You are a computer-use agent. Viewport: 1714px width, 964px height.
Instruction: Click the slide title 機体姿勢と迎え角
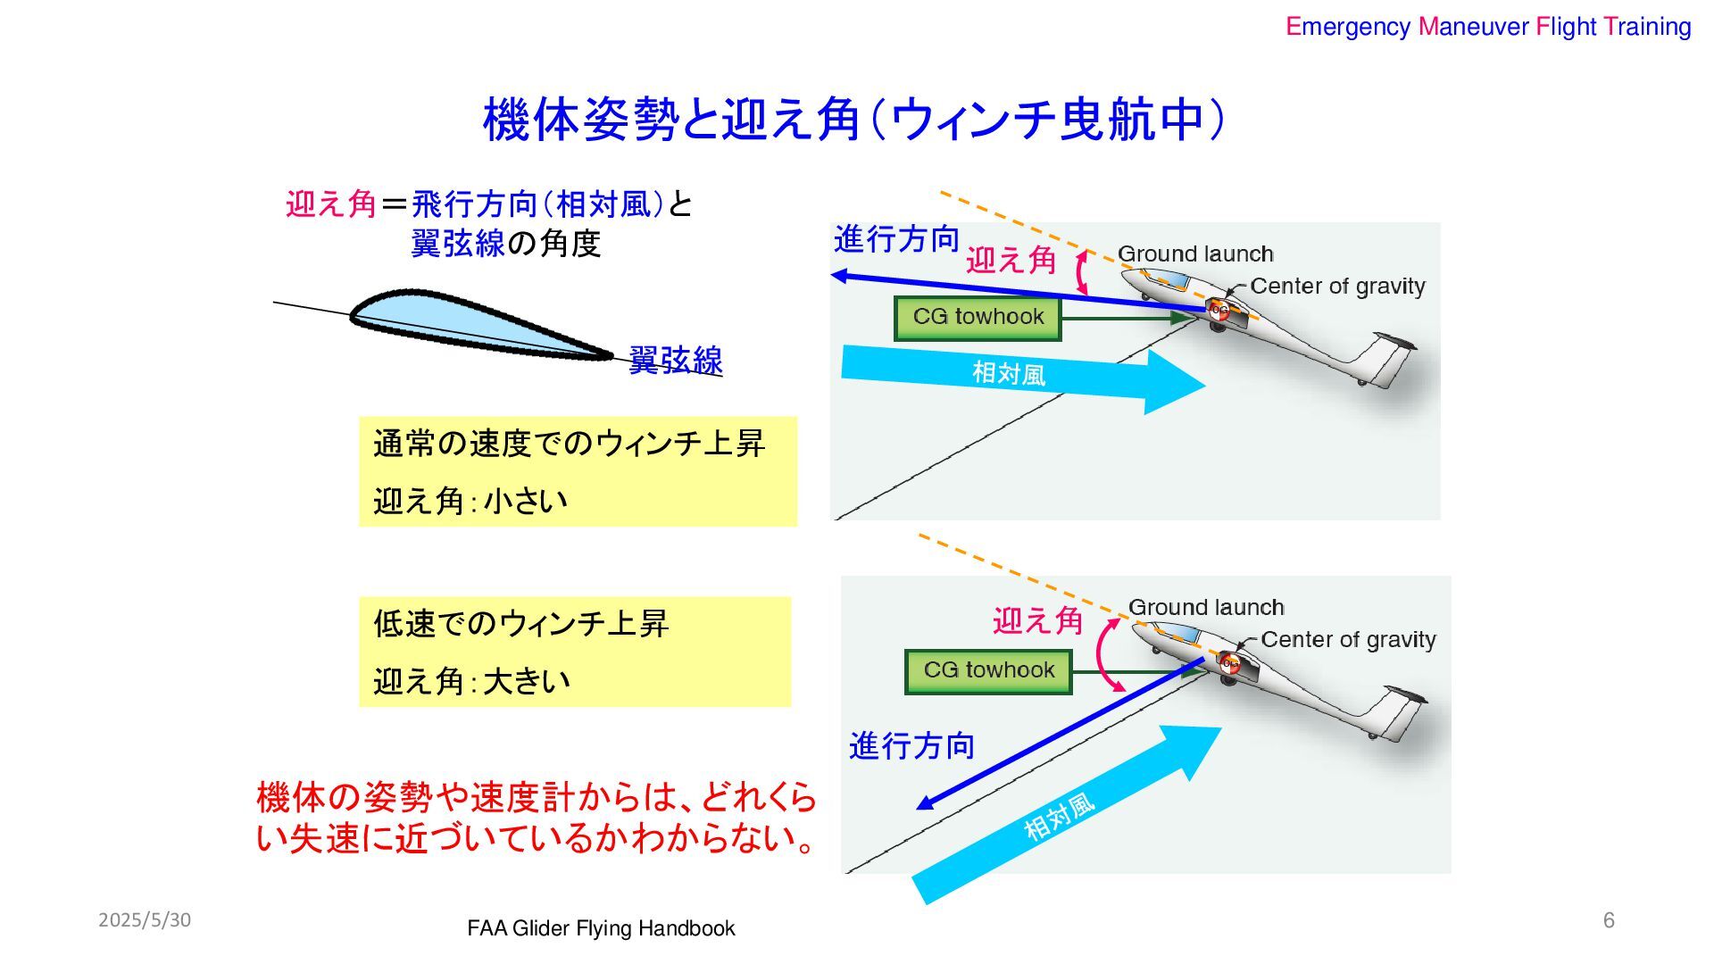point(853,120)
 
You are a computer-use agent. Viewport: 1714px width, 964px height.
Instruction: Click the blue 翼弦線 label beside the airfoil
point(675,361)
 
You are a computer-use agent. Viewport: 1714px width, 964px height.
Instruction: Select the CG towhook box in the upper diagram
point(978,318)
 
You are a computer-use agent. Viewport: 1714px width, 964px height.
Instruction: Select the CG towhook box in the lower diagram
point(988,671)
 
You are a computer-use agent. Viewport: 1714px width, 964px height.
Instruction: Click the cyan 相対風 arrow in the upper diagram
point(1018,375)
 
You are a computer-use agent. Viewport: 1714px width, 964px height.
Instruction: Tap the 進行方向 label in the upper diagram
point(896,239)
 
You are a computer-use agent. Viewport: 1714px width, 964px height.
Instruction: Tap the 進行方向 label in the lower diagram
point(911,745)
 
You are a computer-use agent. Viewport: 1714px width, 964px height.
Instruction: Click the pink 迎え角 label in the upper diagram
point(1011,261)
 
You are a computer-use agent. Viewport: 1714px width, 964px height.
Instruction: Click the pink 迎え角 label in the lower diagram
point(1037,620)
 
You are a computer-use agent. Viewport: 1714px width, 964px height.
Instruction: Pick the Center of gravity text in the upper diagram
point(1337,287)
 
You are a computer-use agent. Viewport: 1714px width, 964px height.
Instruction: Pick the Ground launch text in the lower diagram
point(1206,608)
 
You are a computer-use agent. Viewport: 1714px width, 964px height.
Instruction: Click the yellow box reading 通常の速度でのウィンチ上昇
point(578,471)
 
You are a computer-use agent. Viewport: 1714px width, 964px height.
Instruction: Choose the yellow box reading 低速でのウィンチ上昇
point(574,652)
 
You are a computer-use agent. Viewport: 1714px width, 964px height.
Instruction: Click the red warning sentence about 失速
point(536,817)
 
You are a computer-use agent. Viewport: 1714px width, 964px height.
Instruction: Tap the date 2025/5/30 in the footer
point(145,920)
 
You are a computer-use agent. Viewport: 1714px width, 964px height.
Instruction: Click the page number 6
point(1609,920)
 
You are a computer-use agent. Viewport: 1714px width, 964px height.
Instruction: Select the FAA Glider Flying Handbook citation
point(601,929)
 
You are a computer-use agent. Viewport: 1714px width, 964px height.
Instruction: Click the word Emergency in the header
point(1347,27)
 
